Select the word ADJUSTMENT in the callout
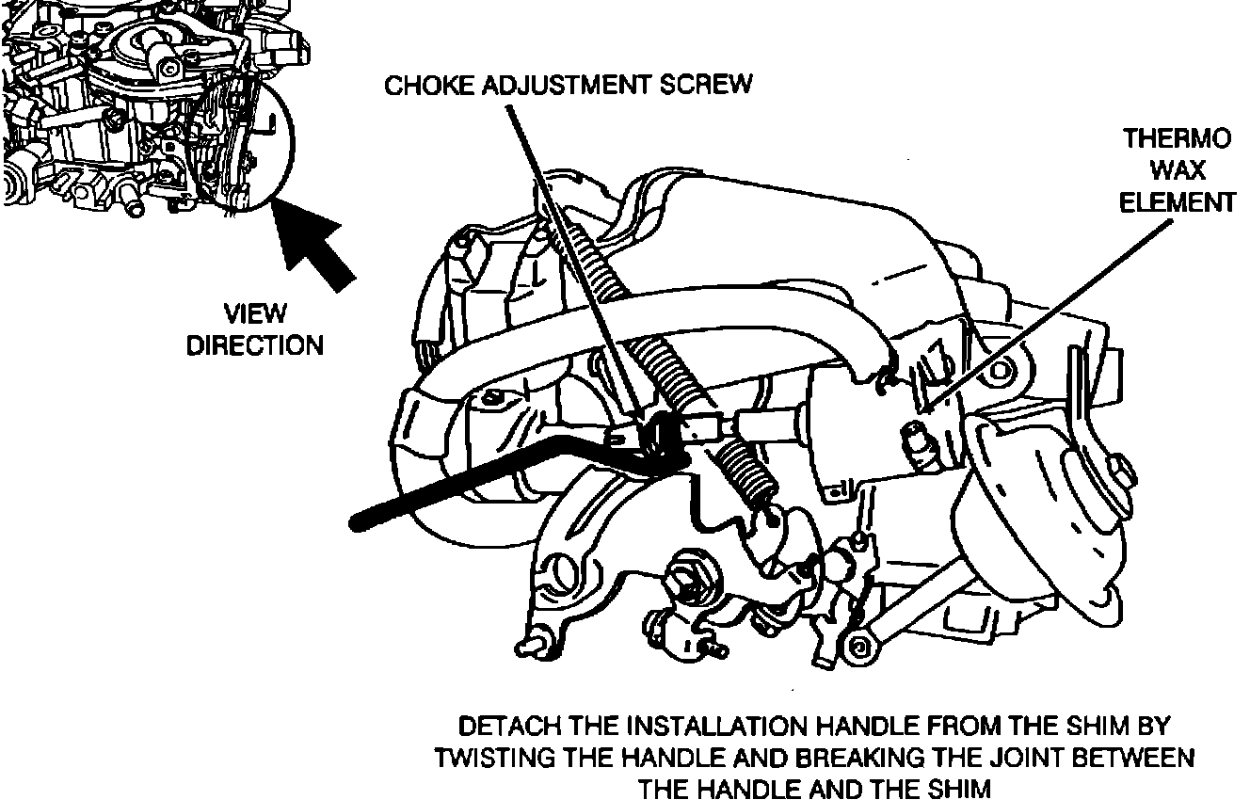pyautogui.click(x=565, y=86)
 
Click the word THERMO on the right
pyautogui.click(x=1177, y=140)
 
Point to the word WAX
pyautogui.click(x=1177, y=171)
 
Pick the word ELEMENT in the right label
pyautogui.click(x=1177, y=202)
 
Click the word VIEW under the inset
pyautogui.click(x=254, y=313)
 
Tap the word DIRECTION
pyautogui.click(x=254, y=345)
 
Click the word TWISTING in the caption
pyautogui.click(x=498, y=759)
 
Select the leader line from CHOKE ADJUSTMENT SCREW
pyautogui.click(x=574, y=254)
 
